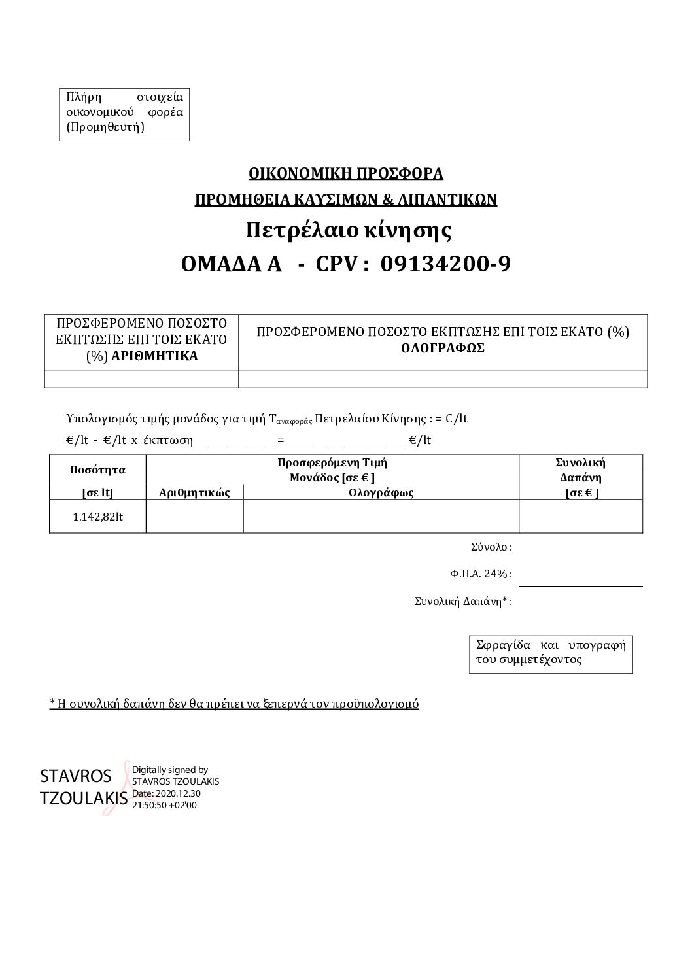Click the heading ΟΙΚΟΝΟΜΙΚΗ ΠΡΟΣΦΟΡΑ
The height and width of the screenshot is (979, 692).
(345, 173)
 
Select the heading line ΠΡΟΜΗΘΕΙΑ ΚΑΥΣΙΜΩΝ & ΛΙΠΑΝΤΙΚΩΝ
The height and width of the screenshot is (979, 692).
(345, 199)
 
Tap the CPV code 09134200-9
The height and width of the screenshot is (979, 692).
(445, 264)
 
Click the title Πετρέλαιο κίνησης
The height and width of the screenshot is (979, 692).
(349, 230)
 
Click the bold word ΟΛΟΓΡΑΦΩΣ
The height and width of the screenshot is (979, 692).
(442, 348)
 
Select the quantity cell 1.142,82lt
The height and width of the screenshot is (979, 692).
(98, 517)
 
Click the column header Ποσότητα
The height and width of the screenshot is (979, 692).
(97, 470)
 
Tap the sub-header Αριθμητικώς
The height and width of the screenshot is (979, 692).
(194, 493)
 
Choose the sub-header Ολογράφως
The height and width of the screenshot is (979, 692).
(381, 493)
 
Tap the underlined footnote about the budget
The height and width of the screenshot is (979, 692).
(234, 704)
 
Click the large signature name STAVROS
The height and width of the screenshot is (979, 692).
(76, 776)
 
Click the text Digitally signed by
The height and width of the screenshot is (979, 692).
(170, 770)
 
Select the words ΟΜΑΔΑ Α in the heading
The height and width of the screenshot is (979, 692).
(231, 264)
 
